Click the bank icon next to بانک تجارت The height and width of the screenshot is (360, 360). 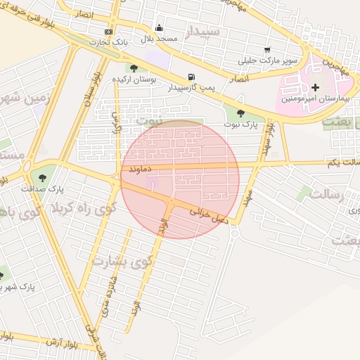108,32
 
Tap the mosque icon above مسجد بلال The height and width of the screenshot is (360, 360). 160,28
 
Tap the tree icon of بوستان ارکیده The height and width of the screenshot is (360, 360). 134,68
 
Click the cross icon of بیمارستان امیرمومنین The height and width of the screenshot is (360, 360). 314,88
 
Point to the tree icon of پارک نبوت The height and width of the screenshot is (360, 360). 240,112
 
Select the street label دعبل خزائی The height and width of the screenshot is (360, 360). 209,215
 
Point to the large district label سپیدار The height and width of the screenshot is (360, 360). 203,32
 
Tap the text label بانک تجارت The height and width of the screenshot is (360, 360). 108,42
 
